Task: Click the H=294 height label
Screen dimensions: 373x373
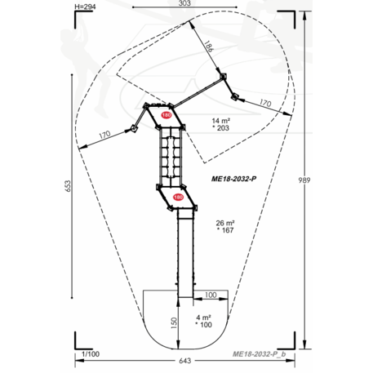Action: point(85,7)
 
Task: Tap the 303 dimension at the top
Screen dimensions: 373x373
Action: point(184,3)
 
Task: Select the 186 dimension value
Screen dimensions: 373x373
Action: point(209,46)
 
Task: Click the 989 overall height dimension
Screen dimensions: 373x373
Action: point(304,180)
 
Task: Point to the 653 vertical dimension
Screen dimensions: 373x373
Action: point(68,186)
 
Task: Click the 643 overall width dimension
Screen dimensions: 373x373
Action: point(185,361)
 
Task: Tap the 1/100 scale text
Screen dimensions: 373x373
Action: point(91,354)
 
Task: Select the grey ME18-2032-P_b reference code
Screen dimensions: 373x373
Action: point(260,354)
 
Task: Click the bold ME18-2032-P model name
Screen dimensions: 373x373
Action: point(233,179)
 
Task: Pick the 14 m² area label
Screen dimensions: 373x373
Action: point(221,121)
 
